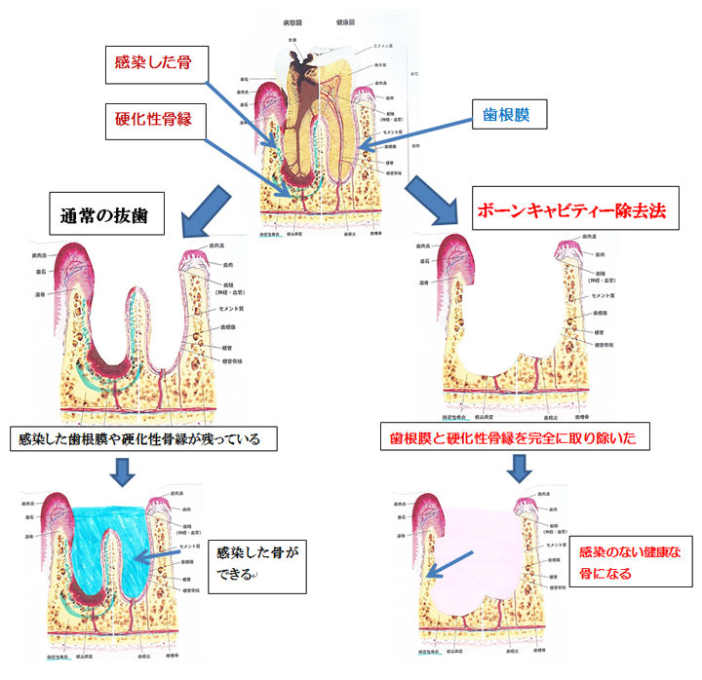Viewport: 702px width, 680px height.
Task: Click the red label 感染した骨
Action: pos(152,62)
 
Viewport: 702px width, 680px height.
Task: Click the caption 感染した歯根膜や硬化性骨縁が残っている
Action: pos(139,438)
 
